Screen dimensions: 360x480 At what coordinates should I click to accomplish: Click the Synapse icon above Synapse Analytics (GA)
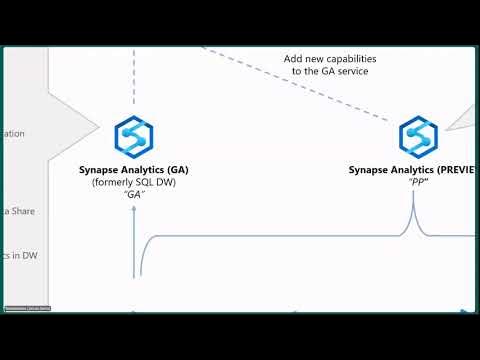coord(133,135)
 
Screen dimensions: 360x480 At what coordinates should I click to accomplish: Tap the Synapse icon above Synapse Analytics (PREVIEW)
coord(418,136)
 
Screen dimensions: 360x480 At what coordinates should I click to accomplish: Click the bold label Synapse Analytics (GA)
coord(134,170)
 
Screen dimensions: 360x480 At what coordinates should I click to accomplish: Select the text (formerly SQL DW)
coord(134,183)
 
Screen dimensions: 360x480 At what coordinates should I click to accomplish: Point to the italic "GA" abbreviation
coord(134,196)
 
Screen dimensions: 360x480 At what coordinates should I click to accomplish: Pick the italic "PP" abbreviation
coord(413,183)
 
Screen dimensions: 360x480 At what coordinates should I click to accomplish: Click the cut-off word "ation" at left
coord(14,133)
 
